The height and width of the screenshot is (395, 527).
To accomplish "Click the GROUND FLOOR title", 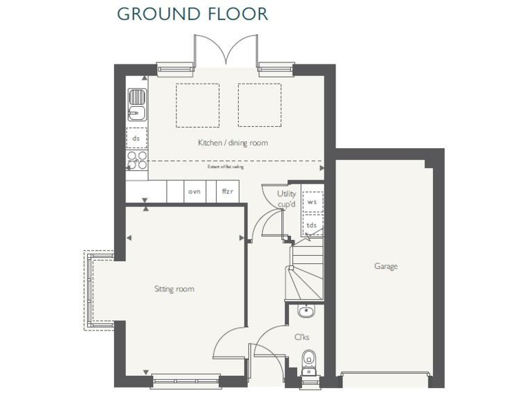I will [192, 14].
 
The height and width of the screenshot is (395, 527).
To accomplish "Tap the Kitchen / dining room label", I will [233, 143].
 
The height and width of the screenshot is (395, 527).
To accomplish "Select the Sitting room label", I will [174, 289].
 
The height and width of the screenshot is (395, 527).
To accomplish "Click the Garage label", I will [385, 266].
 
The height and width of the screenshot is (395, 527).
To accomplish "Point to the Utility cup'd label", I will [286, 198].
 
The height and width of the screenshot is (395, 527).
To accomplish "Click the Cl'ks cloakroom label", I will [301, 337].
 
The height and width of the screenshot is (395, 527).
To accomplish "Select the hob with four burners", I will [137, 160].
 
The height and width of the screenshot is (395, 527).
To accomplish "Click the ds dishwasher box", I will [136, 138].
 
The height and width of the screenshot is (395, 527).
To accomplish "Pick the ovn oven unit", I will [194, 191].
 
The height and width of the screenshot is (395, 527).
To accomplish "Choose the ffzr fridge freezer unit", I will [228, 191].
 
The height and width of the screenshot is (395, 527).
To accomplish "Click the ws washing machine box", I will [312, 202].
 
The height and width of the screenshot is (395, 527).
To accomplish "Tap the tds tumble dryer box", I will [312, 225].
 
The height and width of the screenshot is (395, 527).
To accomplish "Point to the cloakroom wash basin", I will [305, 312].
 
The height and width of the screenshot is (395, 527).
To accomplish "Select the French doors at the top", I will [225, 51].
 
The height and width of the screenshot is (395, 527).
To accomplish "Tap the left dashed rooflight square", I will [198, 105].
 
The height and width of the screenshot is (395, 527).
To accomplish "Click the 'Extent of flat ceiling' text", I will [226, 167].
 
